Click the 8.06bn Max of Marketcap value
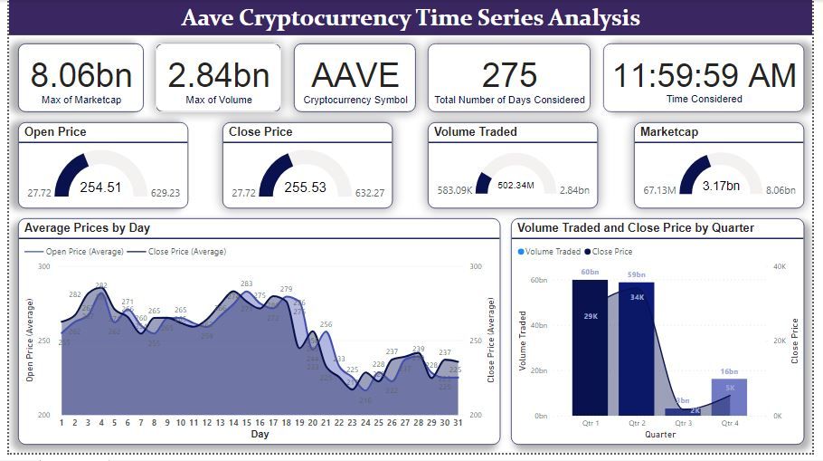click(80, 75)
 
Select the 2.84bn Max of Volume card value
click(217, 75)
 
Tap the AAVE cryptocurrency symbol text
click(355, 75)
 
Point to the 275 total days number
click(509, 75)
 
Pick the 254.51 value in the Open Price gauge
click(100, 187)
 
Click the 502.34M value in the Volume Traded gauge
click(516, 186)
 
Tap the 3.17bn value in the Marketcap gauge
click(721, 187)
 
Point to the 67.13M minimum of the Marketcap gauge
click(660, 190)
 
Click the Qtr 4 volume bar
click(728, 398)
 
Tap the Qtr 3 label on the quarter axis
click(683, 423)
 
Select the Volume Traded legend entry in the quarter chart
click(549, 252)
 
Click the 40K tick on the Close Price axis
click(780, 266)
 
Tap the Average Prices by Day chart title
click(87, 227)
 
